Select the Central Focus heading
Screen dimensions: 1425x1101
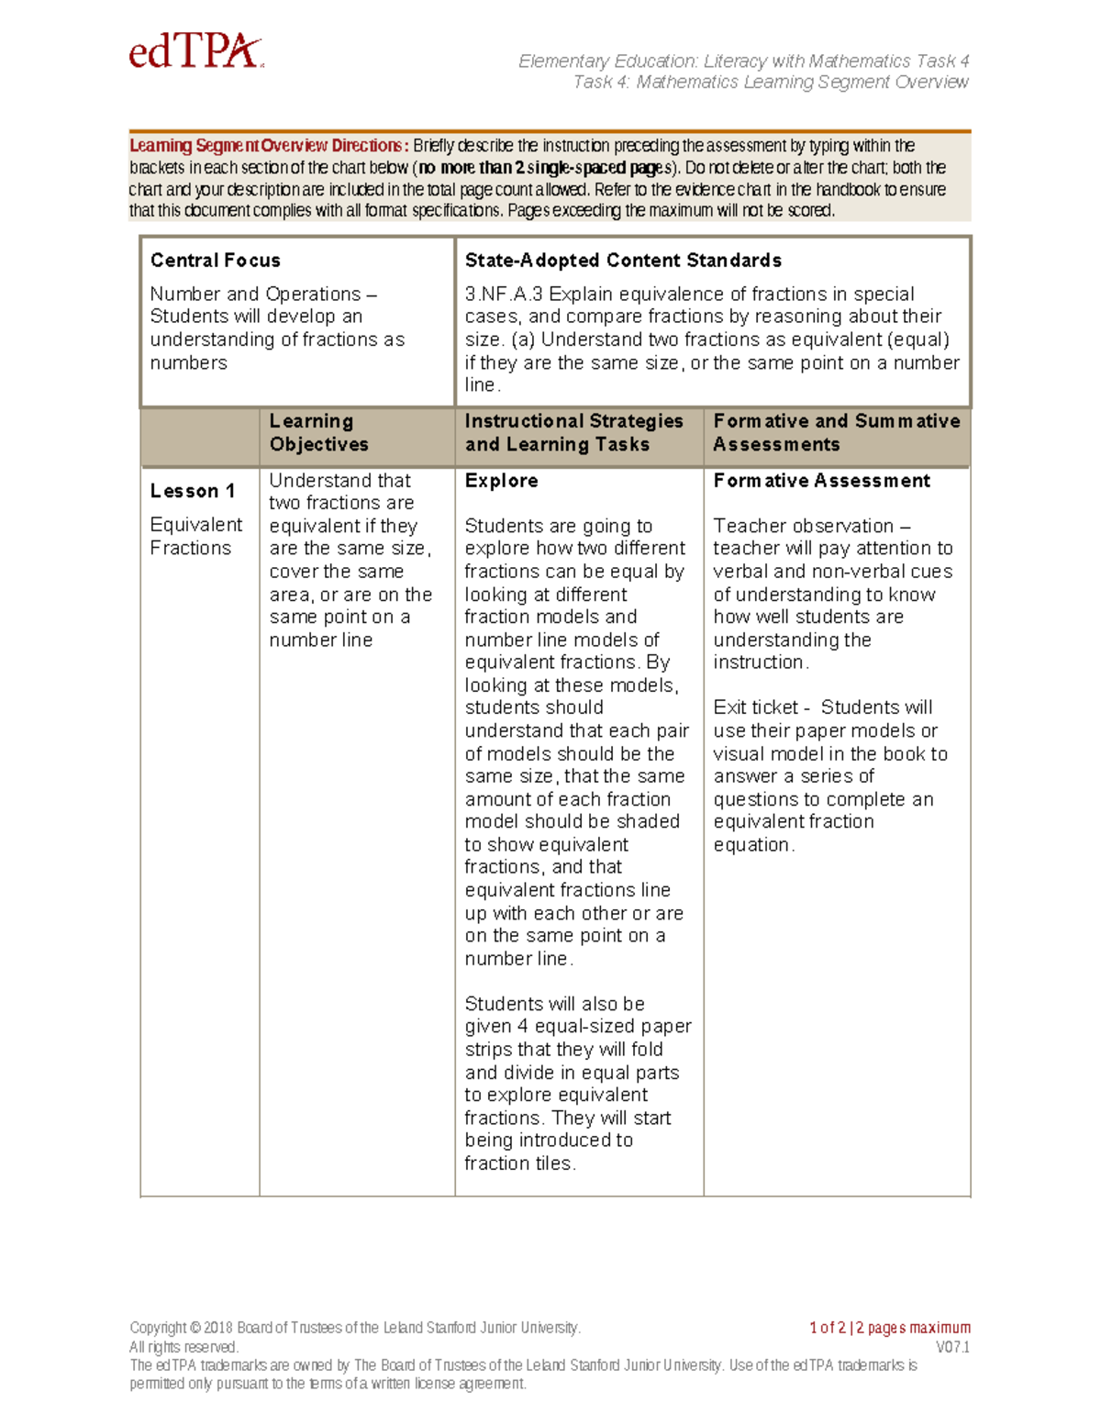pos(215,261)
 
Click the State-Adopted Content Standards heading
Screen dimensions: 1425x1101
pos(622,261)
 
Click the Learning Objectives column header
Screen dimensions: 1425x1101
pos(318,432)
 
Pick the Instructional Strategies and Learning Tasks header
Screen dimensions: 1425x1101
pos(573,432)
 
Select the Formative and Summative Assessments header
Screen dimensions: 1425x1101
pos(836,432)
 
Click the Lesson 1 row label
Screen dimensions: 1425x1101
pos(193,491)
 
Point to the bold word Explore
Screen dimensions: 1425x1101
pos(501,481)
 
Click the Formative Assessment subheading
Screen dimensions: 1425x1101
pos(821,481)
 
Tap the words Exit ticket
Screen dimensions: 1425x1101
pos(755,707)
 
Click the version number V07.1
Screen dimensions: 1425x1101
pos(952,1347)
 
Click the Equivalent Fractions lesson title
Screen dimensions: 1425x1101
pos(195,536)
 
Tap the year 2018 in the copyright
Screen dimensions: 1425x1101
pos(218,1328)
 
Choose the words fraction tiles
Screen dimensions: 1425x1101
pos(519,1163)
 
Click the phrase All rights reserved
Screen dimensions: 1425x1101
pos(183,1347)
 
